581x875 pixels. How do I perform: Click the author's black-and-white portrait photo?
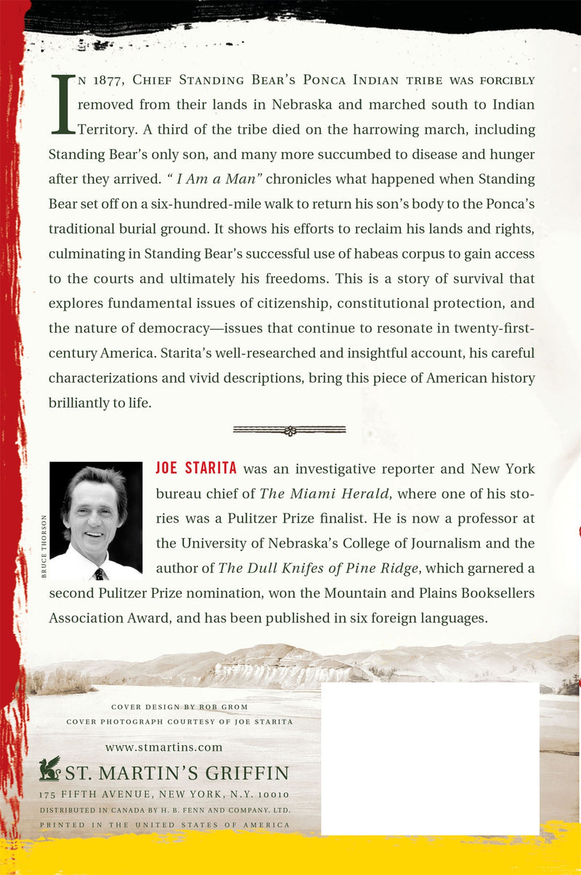tap(96, 521)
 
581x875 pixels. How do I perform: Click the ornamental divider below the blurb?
tap(289, 431)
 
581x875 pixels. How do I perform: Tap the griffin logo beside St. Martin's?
tap(49, 769)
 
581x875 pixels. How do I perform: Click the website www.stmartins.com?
tap(163, 747)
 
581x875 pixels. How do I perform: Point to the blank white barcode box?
tap(430, 758)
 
